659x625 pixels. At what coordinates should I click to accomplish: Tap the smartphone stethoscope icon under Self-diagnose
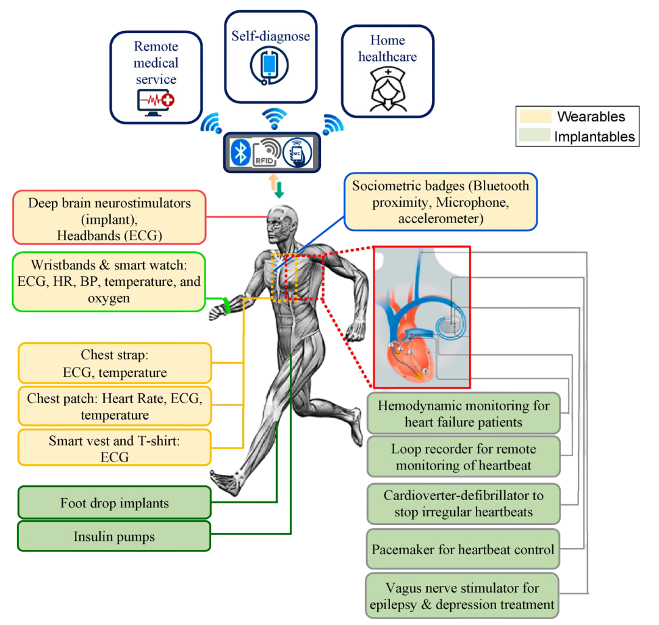point(270,66)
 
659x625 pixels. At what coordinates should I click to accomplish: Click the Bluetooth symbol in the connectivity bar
point(241,151)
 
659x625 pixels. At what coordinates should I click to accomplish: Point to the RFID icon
point(268,152)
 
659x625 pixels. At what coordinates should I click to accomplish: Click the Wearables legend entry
point(577,116)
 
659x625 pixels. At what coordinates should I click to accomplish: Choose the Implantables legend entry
point(577,137)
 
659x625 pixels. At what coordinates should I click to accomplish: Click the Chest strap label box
point(115,363)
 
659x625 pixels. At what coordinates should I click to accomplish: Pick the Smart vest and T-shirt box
point(115,448)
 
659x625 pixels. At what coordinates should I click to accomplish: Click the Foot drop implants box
point(114,503)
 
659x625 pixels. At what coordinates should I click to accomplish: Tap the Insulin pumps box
point(114,537)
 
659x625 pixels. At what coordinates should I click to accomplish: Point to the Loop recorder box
point(463,457)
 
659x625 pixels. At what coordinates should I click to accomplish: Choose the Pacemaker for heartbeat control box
point(463,549)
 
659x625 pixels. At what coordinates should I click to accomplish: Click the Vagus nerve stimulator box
point(463,596)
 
